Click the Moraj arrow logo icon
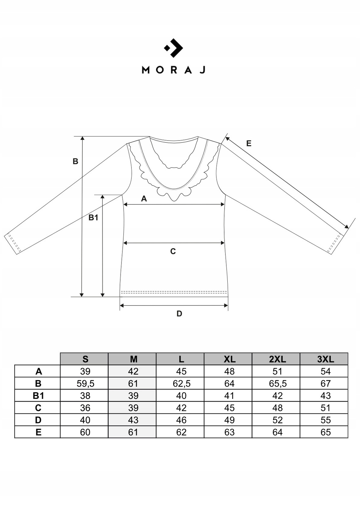(174, 48)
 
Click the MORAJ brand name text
(174, 70)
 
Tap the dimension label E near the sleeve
(249, 143)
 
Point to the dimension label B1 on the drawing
(93, 218)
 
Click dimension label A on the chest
(144, 199)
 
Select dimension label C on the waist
(173, 251)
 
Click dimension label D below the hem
(179, 314)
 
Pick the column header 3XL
(325, 359)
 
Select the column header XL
(229, 359)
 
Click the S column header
(85, 359)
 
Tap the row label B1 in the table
(38, 396)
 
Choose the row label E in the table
(38, 432)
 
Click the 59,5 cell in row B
(85, 384)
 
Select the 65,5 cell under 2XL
(277, 384)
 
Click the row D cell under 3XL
(325, 420)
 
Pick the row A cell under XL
(229, 371)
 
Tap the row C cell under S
(85, 408)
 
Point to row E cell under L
(181, 432)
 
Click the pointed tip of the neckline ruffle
(174, 200)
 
